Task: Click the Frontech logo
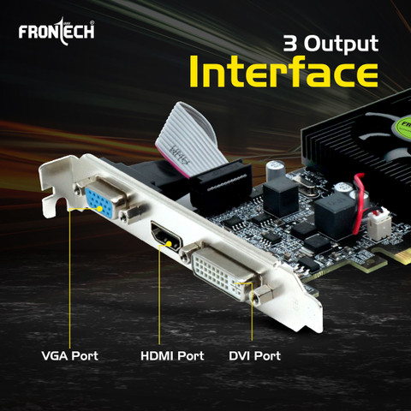click(x=57, y=33)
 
